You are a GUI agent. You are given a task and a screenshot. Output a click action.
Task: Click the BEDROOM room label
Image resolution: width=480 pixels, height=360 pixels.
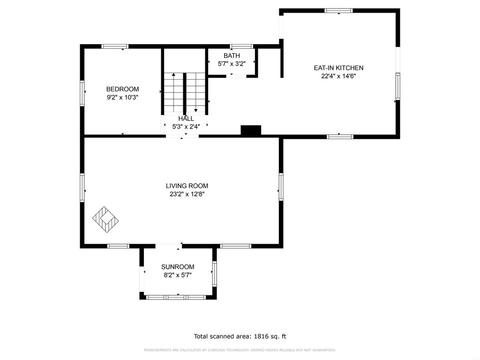[122, 89]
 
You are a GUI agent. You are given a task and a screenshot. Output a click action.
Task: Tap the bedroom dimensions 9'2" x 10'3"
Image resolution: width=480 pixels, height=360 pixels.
[122, 97]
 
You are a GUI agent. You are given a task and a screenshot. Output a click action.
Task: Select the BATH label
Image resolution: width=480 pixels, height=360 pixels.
[232, 56]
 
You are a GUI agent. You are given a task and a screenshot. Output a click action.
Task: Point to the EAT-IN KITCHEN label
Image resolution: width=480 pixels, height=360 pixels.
[338, 68]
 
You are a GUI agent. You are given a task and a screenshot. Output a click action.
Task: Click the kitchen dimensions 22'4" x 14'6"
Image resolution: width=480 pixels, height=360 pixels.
[338, 76]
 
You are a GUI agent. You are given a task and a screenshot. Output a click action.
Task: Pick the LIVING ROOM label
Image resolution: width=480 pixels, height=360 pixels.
[187, 186]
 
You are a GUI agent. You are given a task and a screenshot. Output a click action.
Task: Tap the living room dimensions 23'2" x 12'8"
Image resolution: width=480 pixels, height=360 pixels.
[187, 194]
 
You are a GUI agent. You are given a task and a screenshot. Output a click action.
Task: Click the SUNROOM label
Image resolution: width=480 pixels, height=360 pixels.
[178, 267]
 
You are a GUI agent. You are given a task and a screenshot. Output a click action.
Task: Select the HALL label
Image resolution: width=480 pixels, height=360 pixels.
[186, 119]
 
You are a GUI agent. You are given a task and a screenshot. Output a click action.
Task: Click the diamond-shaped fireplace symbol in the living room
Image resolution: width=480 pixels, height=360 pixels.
[105, 219]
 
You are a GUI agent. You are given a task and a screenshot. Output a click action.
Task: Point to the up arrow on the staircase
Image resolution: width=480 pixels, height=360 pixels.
[173, 92]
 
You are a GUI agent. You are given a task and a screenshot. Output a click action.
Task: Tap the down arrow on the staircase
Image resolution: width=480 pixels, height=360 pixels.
[196, 92]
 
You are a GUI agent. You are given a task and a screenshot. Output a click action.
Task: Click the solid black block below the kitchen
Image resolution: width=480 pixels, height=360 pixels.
[251, 130]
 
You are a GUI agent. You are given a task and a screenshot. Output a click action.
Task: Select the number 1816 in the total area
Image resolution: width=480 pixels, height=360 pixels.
[261, 337]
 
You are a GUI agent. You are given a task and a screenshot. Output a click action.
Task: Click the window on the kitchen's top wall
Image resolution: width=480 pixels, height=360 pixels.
[338, 11]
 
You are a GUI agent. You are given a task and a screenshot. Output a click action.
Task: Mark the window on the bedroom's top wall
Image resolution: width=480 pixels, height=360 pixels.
[115, 46]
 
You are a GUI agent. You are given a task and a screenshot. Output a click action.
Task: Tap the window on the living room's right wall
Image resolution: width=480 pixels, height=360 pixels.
[281, 187]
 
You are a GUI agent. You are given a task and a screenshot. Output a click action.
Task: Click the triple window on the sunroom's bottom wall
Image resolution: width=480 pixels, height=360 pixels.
[176, 297]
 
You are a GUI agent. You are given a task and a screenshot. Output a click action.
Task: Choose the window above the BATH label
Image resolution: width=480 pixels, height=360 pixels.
[241, 46]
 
